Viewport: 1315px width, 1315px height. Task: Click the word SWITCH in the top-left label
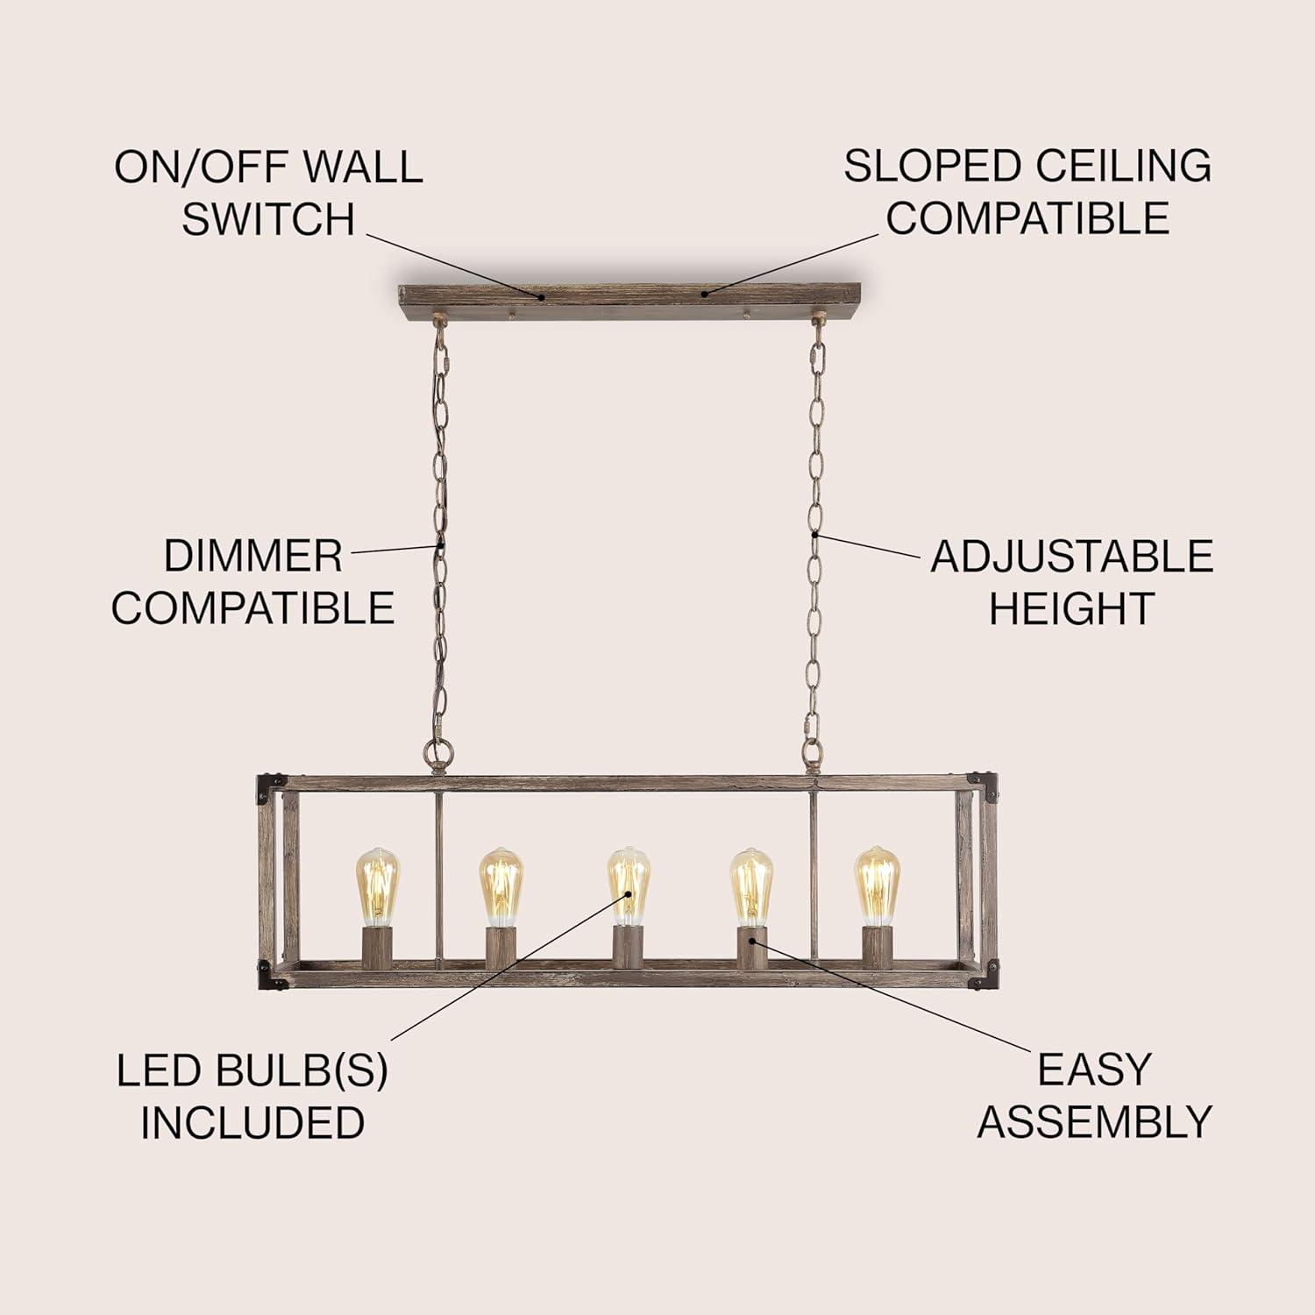[x=268, y=218]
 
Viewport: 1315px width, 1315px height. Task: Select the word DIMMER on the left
[x=252, y=557]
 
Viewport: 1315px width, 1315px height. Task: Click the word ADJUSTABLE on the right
[x=1071, y=557]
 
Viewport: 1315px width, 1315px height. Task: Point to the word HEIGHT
[x=1070, y=608]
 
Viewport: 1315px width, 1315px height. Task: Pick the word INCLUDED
[x=252, y=1123]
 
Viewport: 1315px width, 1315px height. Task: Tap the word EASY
[x=1093, y=1070]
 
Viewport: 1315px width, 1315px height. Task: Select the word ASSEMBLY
[x=1094, y=1121]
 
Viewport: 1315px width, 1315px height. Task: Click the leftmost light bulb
[x=377, y=885]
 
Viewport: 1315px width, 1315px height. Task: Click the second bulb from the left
[x=501, y=885]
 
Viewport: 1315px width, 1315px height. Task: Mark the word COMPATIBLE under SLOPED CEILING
[x=1027, y=218]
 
